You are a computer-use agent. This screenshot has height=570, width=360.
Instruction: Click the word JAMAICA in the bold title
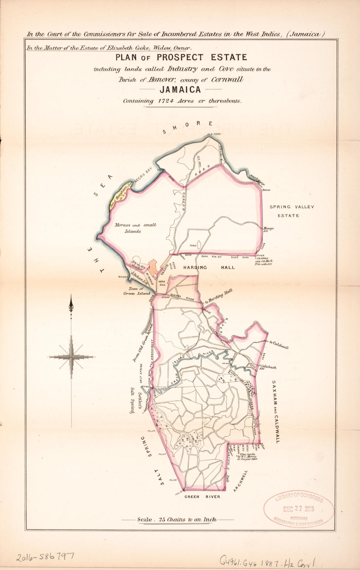click(180, 89)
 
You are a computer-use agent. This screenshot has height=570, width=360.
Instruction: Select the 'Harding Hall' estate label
click(209, 267)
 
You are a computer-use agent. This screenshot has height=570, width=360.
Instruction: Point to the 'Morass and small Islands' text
click(135, 228)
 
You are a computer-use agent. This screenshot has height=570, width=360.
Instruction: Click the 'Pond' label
click(193, 245)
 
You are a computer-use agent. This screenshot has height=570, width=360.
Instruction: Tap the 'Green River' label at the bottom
click(202, 496)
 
